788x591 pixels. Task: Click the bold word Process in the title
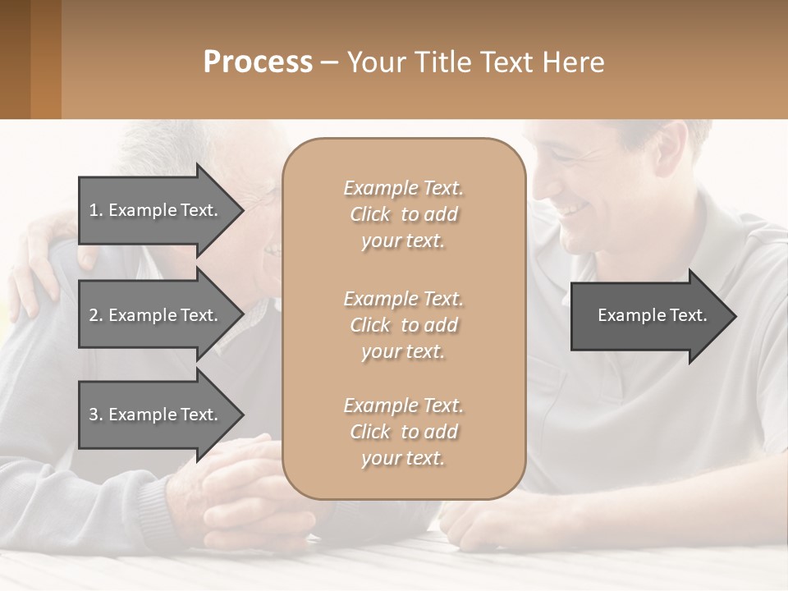[x=258, y=62]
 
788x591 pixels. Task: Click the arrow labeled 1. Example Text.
[x=156, y=210]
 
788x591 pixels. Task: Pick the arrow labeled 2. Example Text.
[x=156, y=315]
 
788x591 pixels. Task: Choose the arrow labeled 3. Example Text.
[x=156, y=415]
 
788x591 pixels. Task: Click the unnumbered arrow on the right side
[x=648, y=315]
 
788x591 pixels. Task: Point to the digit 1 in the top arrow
[x=94, y=210]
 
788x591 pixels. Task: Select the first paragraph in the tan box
[x=403, y=214]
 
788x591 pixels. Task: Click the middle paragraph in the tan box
[x=403, y=325]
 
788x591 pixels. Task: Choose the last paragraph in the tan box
[x=403, y=432]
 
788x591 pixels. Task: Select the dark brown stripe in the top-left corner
[x=15, y=59]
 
